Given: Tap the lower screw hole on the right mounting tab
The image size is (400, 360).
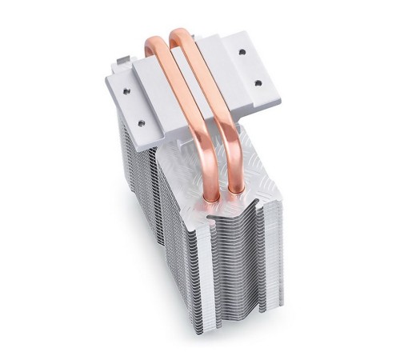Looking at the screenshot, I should [x=258, y=82].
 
